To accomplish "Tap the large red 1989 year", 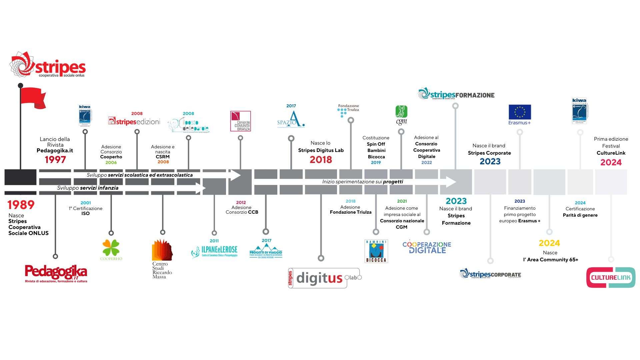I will pyautogui.click(x=21, y=205).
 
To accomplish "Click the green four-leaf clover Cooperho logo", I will pyautogui.click(x=111, y=250).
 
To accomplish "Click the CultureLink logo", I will pyautogui.click(x=611, y=277).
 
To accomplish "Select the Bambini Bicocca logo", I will pyautogui.click(x=376, y=251).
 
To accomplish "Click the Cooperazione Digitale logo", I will pyautogui.click(x=427, y=247).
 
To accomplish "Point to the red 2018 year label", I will pyautogui.click(x=321, y=160).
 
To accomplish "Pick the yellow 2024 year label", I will pyautogui.click(x=549, y=243).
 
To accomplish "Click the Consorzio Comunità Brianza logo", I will pyautogui.click(x=240, y=121).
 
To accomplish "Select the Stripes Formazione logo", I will pyautogui.click(x=456, y=94).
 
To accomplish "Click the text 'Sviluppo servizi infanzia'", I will pyautogui.click(x=88, y=188).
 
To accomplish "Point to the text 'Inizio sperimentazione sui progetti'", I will pyautogui.click(x=362, y=182).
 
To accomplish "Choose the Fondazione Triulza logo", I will pyautogui.click(x=348, y=110).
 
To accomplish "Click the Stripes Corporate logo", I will pyautogui.click(x=490, y=274).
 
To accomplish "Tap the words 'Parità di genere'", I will pyautogui.click(x=580, y=215).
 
